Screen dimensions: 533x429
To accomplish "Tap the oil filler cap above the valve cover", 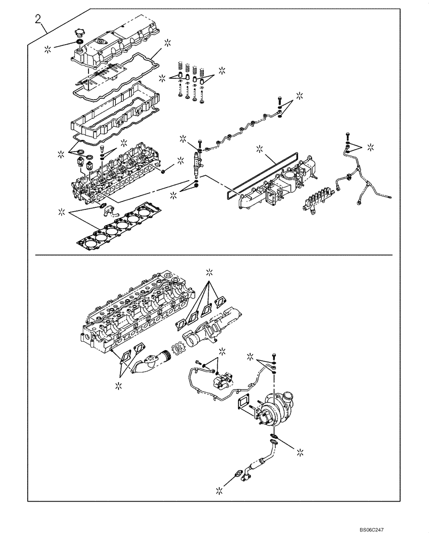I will tap(80, 34).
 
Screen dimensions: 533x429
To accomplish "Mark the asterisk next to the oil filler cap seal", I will tap(49, 49).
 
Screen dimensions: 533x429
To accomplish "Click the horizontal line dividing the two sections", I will tap(213, 255).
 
